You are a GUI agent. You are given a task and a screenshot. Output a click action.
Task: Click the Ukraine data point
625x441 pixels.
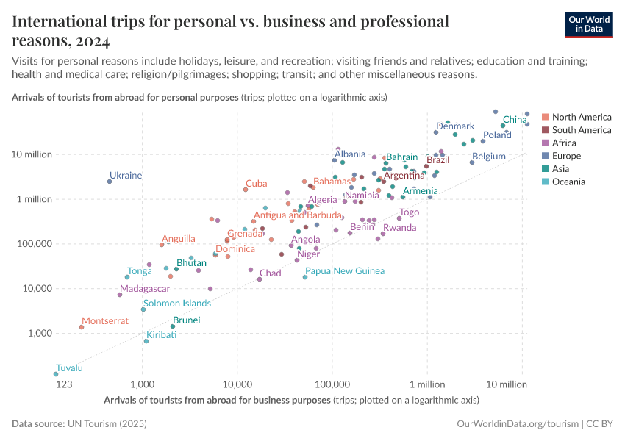[x=110, y=182]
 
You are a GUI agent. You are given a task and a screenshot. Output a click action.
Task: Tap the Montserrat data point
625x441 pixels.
[x=82, y=327]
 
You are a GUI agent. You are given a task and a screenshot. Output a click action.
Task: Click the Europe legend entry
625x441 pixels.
[x=566, y=156]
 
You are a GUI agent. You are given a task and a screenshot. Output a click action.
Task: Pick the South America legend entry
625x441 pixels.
[x=581, y=130]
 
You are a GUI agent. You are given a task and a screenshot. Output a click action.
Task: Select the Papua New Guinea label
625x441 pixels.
[x=344, y=271]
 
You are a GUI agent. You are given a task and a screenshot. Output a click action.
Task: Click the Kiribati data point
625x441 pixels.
[x=146, y=341]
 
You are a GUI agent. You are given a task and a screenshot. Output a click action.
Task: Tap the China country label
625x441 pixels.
[x=514, y=119]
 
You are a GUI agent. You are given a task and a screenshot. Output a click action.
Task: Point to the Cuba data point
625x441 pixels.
[x=246, y=190]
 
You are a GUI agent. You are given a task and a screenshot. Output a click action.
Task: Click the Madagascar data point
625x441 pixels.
[x=120, y=295]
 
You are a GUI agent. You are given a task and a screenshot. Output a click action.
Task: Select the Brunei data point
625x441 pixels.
[x=173, y=326]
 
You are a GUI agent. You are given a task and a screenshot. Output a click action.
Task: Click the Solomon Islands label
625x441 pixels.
[x=177, y=303]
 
